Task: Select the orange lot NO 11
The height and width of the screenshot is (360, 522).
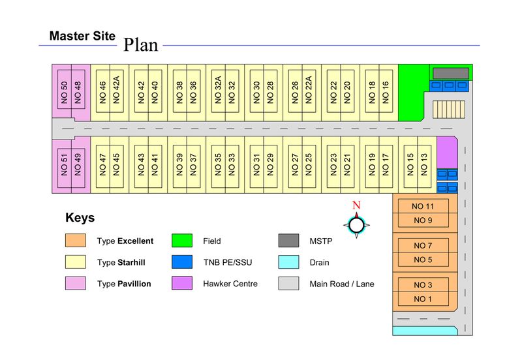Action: click(x=422, y=207)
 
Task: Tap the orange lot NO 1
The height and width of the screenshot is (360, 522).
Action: click(x=422, y=299)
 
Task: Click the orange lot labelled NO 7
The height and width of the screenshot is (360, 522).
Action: click(x=422, y=246)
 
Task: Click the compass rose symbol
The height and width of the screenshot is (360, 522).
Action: click(x=356, y=225)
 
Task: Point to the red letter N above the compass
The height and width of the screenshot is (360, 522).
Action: click(x=356, y=205)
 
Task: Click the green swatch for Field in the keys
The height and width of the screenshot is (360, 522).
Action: click(x=182, y=241)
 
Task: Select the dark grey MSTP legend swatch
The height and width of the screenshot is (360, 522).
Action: click(x=288, y=241)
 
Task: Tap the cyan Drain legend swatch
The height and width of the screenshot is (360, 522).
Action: click(x=288, y=262)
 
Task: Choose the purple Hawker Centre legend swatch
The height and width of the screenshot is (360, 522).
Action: click(x=182, y=284)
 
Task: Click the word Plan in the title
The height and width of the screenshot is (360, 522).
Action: click(x=141, y=44)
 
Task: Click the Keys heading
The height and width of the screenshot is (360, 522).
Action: click(x=80, y=218)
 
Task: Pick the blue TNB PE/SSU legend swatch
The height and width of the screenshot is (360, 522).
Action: click(x=182, y=262)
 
